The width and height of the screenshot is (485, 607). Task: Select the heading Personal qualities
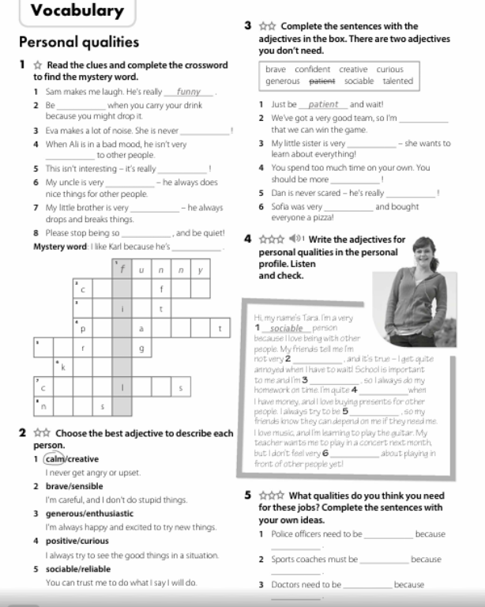tap(78, 42)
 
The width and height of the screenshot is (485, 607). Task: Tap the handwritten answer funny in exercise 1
tap(189, 91)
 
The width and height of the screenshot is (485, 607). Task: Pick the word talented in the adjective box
tap(398, 81)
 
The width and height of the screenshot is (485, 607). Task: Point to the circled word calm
tap(55, 458)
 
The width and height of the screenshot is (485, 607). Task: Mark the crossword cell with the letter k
tap(65, 367)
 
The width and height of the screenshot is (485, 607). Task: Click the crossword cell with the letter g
tap(141, 347)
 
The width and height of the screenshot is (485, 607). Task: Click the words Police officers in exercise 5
tap(297, 534)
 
